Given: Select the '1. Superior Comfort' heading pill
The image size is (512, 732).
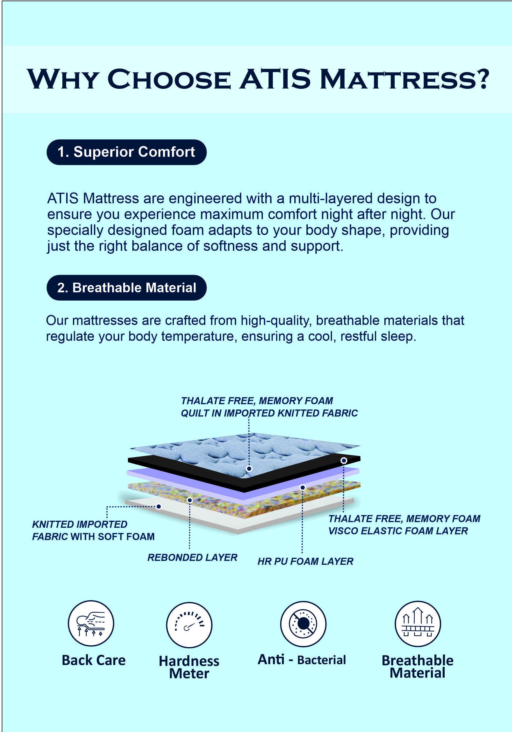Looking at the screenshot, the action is pyautogui.click(x=127, y=152).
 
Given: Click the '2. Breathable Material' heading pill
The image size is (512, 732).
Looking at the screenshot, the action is pyautogui.click(x=127, y=288).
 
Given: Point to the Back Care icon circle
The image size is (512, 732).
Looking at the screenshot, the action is pyautogui.click(x=91, y=623).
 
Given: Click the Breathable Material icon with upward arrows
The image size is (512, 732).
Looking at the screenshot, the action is pyautogui.click(x=418, y=624).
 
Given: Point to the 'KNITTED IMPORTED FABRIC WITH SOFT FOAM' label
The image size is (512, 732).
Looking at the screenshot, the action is pyautogui.click(x=93, y=530).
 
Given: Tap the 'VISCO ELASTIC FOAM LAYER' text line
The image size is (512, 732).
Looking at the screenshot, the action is pyautogui.click(x=398, y=531).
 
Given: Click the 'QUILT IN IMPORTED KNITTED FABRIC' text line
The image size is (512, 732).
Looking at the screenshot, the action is pyautogui.click(x=269, y=413).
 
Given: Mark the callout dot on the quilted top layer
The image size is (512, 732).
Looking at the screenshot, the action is pyautogui.click(x=249, y=468).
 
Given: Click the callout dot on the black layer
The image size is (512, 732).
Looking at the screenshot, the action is pyautogui.click(x=343, y=460).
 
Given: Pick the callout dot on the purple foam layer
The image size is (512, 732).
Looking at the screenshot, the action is pyautogui.click(x=303, y=488).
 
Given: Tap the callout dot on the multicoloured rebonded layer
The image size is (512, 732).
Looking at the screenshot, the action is pyautogui.click(x=190, y=500).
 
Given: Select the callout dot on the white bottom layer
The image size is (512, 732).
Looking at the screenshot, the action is pyautogui.click(x=159, y=506).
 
